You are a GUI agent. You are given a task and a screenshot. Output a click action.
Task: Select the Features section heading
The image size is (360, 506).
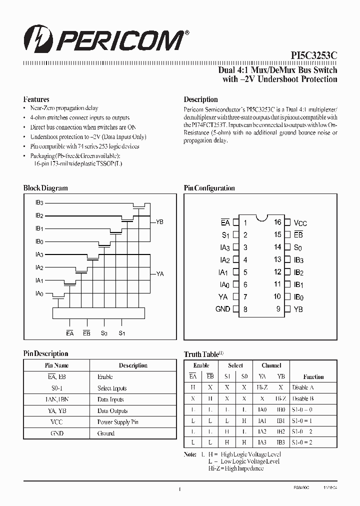tap(36, 99)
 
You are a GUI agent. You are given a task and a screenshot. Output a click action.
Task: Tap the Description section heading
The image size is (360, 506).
tap(201, 99)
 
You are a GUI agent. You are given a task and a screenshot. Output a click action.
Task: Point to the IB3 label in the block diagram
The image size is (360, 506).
tap(39, 202)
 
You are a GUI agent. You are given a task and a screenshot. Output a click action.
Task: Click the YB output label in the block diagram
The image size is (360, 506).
tap(160, 221)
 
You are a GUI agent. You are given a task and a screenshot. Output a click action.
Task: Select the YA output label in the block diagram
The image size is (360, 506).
tap(160, 273)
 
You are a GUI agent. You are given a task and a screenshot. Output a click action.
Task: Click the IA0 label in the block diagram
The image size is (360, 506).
tap(39, 293)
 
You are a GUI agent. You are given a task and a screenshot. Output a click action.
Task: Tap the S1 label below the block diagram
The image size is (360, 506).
tap(121, 333)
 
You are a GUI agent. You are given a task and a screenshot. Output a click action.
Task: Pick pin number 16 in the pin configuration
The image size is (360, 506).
tap(277, 222)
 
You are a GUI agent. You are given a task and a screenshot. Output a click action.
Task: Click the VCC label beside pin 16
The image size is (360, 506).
tap(300, 223)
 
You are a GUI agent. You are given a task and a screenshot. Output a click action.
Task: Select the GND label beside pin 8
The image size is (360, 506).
tap(222, 309)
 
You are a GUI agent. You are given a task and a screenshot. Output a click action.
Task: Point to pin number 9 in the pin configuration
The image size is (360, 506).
tap(278, 309)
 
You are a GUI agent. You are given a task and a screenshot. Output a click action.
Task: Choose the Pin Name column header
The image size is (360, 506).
tap(56, 365)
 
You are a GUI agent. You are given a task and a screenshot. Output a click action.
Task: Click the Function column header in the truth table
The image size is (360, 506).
tap(313, 377)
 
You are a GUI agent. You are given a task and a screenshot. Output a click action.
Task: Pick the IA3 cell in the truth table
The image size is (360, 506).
tap(262, 442)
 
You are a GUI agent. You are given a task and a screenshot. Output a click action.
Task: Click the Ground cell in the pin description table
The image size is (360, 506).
tap(106, 433)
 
